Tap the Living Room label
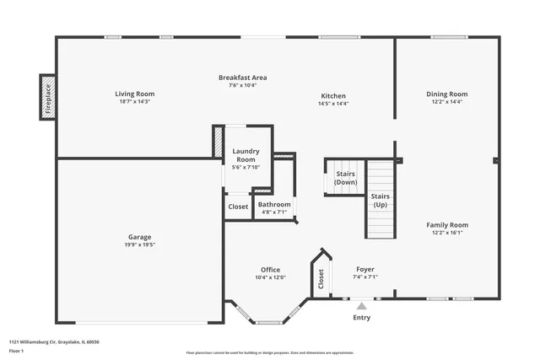(x=135, y=94)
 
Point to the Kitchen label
(x=332, y=95)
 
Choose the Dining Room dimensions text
(x=446, y=102)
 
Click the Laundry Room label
(x=246, y=154)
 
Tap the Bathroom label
(x=274, y=205)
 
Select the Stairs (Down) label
(x=345, y=178)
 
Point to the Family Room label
(x=446, y=225)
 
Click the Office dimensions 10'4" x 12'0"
(x=270, y=277)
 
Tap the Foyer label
(x=364, y=270)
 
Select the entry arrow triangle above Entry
(x=361, y=306)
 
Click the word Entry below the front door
(x=361, y=318)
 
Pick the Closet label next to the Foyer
(x=321, y=277)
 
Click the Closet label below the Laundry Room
(x=238, y=207)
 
